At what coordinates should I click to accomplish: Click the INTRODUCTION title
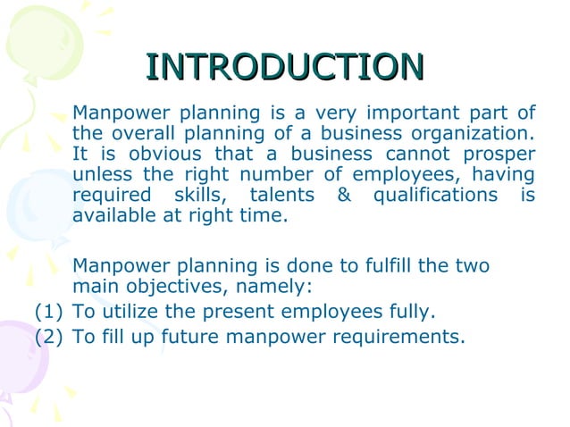point(284,67)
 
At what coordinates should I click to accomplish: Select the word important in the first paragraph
point(407,113)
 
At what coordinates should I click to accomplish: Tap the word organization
point(479,134)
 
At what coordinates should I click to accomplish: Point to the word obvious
point(150,155)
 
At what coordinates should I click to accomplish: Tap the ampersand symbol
point(344,196)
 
